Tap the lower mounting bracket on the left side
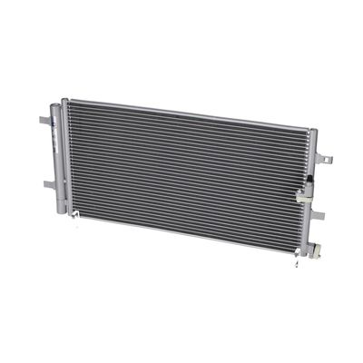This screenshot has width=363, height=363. pyautogui.click(x=47, y=184)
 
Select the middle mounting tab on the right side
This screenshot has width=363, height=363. pyautogui.click(x=318, y=215)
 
